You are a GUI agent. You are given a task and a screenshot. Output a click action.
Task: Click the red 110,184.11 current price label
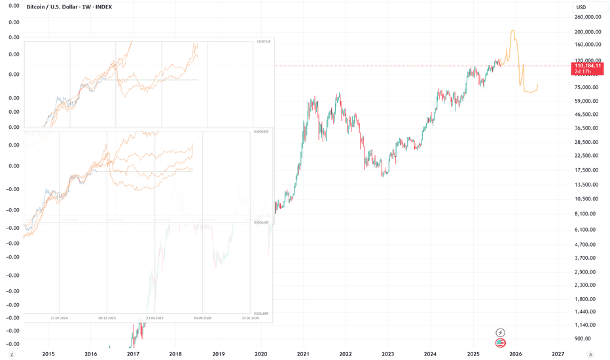tap(587, 65)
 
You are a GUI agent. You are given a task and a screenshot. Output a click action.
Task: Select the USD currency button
tap(581, 7)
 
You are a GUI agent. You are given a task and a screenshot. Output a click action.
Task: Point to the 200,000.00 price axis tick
tap(587, 31)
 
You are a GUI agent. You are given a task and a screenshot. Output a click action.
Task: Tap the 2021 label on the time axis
tap(303, 354)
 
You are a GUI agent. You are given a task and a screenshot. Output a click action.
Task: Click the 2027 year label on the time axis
tap(558, 354)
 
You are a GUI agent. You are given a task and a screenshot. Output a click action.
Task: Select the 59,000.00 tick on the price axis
tap(586, 101)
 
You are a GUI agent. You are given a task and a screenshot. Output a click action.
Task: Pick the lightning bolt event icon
tap(501, 333)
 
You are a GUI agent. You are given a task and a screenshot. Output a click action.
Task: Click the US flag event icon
tap(501, 342)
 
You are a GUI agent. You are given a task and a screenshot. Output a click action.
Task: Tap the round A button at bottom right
tap(590, 354)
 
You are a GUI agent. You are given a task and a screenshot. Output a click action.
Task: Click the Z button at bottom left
tap(11, 354)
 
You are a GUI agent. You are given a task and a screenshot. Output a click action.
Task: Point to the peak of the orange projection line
tap(512, 31)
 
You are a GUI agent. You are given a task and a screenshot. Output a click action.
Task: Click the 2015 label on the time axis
tap(48, 354)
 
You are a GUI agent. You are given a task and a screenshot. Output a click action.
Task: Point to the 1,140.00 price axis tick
tap(586, 325)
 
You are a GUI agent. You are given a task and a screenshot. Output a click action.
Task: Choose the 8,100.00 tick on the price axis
tap(586, 213)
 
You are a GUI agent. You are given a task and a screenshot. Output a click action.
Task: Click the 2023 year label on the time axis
tap(388, 354)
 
